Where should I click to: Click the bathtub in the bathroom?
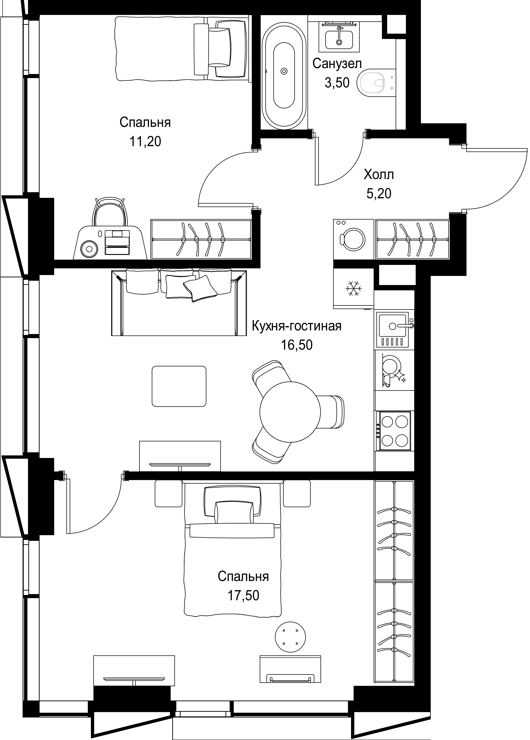tap(284, 71)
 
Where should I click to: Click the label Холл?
tap(379, 175)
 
